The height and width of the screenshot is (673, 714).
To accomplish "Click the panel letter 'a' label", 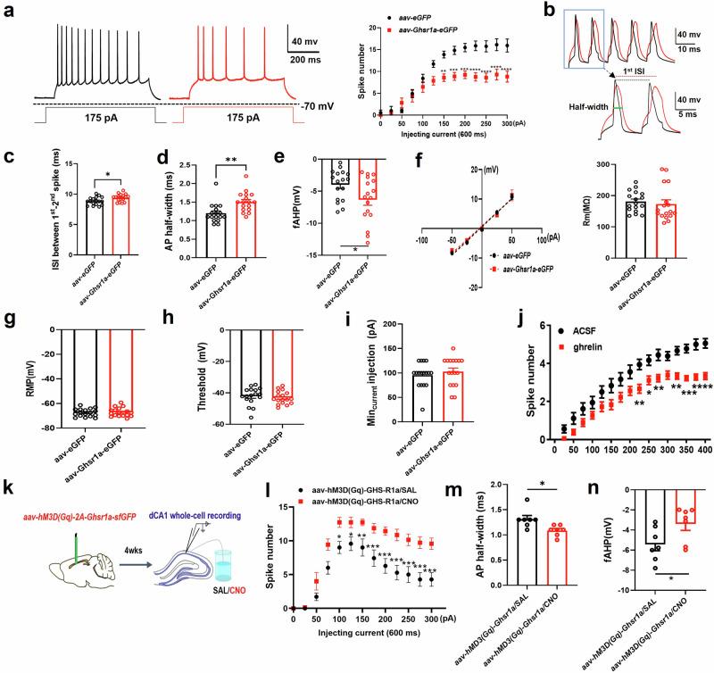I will [x=9, y=12].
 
